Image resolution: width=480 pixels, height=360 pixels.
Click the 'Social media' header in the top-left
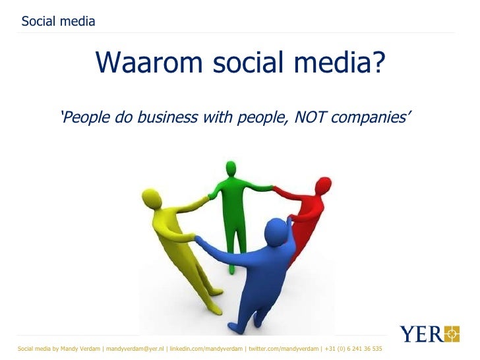click(58, 21)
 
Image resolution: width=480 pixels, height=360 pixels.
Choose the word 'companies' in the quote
click(376, 118)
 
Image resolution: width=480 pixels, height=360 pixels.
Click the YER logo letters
click(421, 334)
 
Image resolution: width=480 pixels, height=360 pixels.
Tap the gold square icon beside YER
click(451, 334)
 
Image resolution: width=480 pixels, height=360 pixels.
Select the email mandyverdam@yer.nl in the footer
click(135, 348)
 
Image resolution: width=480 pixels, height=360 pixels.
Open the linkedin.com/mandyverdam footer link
click(206, 348)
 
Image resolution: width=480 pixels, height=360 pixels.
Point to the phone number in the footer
click(353, 348)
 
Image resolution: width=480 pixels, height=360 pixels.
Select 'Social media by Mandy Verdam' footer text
click(59, 348)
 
